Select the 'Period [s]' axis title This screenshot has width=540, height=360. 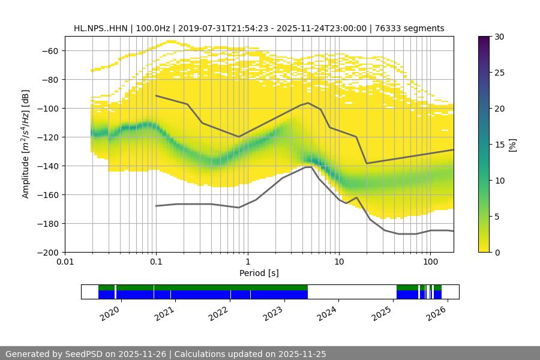pos(259,273)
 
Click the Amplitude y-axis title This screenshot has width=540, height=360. pos(25,144)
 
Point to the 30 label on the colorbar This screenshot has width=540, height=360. pos(499,37)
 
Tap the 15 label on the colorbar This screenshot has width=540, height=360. pos(499,145)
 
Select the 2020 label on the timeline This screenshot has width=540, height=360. pos(110,313)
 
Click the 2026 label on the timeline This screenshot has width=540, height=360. pos(437,313)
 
